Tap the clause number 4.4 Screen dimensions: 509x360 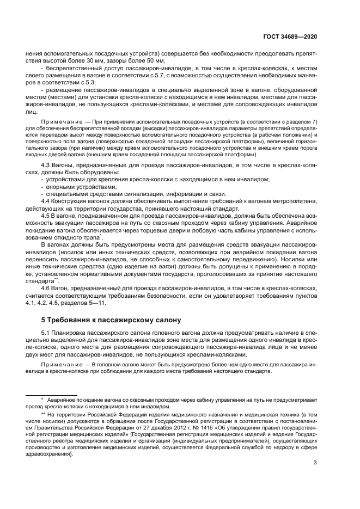coord(46,201)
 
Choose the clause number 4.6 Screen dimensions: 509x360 coord(46,286)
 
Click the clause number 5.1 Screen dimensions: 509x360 coord(46,332)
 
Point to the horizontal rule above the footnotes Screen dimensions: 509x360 coord(47,396)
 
